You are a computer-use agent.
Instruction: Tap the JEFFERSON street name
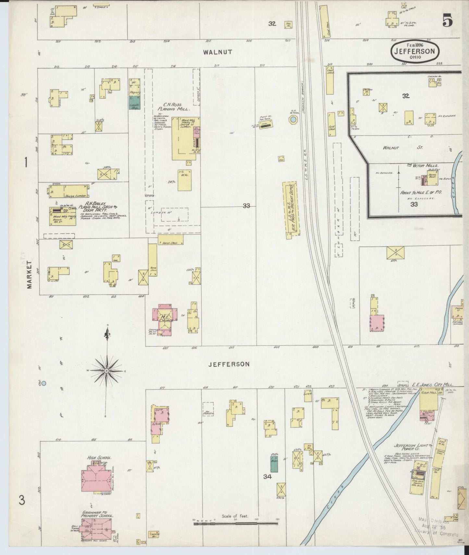[229, 364]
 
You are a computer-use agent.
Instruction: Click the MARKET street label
[30, 275]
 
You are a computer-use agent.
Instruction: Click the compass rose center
[106, 371]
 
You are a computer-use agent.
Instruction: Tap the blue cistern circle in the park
[44, 383]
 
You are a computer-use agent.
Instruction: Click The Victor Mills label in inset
[421, 165]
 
